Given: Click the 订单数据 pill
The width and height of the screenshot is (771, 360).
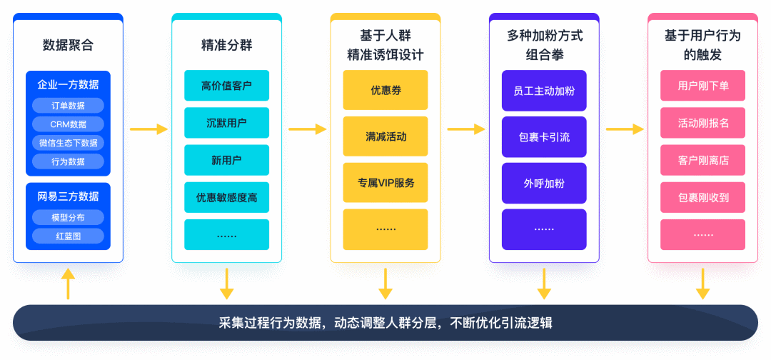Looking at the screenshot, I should coord(68,106).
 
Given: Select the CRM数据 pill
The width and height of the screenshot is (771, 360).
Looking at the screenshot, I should coord(68,124).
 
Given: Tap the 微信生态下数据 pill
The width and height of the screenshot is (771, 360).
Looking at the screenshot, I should coord(68,143).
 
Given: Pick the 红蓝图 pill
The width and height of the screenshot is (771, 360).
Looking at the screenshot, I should coord(68,236).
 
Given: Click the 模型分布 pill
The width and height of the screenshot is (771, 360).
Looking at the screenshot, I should coord(68,217).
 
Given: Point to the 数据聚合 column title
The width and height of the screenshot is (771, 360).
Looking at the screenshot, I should coord(68,46).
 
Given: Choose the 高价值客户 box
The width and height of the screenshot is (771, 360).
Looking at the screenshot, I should coord(226,85).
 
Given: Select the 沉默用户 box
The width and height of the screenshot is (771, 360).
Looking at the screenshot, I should coord(226,123).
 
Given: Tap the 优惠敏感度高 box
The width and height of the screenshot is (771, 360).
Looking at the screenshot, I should coord(226,197).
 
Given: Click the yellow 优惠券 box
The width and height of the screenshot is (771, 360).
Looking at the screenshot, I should coord(385,90).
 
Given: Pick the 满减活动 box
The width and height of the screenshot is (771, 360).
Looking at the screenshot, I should coord(385,136).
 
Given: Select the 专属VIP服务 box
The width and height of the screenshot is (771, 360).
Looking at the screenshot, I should coord(385,182).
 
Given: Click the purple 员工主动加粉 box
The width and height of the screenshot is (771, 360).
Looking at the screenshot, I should coord(543,90).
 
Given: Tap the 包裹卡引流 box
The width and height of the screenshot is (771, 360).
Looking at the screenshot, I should coord(543,136).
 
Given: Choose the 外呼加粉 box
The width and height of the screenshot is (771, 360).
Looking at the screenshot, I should coord(543,183).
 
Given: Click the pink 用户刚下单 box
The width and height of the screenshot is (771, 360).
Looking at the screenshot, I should coord(702,86).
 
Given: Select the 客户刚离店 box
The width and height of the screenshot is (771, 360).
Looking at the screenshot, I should coord(702,160).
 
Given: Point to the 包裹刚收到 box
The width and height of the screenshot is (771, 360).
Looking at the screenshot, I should coord(702,197).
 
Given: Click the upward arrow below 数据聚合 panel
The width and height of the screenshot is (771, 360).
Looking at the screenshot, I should coord(68,284).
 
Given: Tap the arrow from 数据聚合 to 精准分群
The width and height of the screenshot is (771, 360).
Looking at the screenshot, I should coord(148,129).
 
